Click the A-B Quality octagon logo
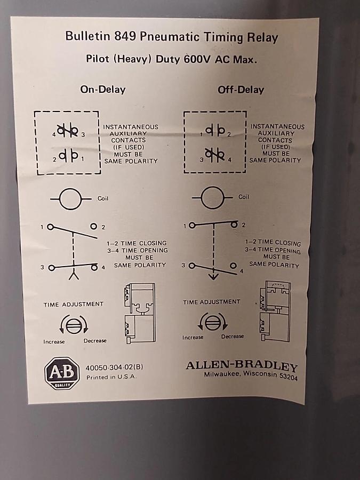(62, 373)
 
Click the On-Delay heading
(103, 90)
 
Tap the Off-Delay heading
(241, 90)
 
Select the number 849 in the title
(125, 36)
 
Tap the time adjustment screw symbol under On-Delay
(74, 324)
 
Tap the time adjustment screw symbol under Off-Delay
(212, 322)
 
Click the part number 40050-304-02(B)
(114, 367)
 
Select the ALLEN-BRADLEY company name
(242, 365)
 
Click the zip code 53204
(288, 376)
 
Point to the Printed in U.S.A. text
(111, 377)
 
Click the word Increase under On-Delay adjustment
(54, 342)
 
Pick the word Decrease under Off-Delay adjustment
(233, 337)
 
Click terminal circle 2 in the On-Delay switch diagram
(94, 226)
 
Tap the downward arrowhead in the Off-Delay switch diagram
(213, 277)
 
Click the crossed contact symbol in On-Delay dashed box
(68, 131)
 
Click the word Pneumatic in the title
(170, 37)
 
